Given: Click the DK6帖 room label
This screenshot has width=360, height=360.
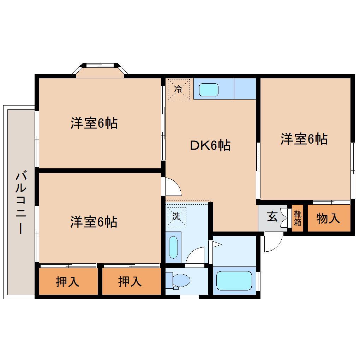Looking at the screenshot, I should [210, 145].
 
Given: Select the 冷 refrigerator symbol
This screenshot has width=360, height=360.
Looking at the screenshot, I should [179, 89].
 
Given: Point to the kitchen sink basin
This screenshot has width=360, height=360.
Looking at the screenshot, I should [209, 89].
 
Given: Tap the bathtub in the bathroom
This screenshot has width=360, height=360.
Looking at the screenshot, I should [234, 281].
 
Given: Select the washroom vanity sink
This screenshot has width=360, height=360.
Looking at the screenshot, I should [173, 247].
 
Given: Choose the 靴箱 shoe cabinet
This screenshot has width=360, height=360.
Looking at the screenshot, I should [298, 218].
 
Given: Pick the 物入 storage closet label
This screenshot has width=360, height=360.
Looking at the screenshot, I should [328, 219].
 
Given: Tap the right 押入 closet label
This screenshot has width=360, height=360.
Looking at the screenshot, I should [130, 281].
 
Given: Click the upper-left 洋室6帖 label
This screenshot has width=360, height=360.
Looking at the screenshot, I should [94, 123].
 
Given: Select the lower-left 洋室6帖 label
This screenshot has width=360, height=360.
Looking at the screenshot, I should [94, 222].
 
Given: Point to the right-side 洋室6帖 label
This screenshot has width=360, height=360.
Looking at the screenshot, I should [304, 139].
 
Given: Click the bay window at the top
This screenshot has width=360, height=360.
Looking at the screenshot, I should [100, 70].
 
